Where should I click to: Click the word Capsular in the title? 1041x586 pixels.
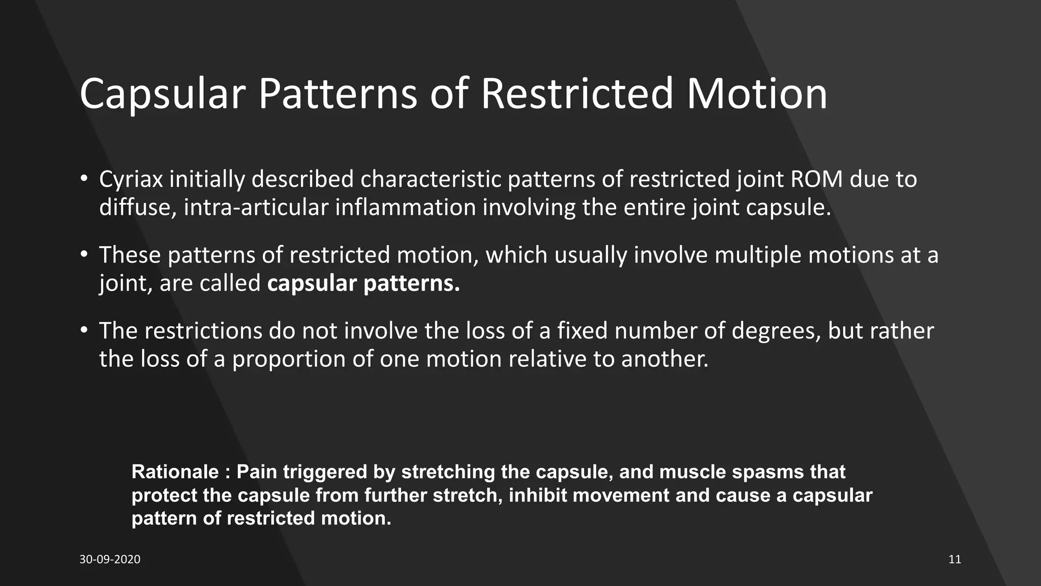click(x=163, y=94)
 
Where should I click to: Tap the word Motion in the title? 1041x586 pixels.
click(x=757, y=94)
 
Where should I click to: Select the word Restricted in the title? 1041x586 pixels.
click(x=576, y=94)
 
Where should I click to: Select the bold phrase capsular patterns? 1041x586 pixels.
click(x=363, y=283)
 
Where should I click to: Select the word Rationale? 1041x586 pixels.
click(x=175, y=472)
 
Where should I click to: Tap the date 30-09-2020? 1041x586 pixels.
click(x=110, y=560)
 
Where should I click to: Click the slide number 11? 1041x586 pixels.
click(x=955, y=560)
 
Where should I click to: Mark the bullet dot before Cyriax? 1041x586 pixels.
click(x=84, y=180)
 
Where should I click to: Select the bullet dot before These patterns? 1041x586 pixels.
click(x=84, y=255)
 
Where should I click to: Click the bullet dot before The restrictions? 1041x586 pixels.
click(x=84, y=331)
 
